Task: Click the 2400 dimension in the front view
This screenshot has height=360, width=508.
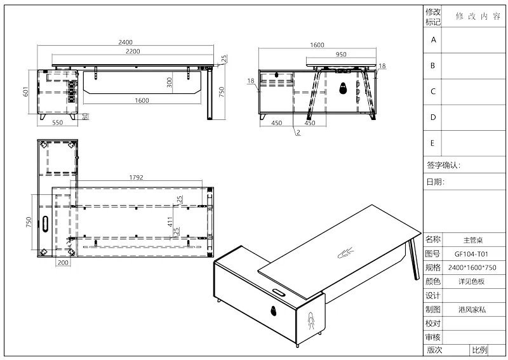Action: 125,42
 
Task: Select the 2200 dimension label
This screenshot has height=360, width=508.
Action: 133,51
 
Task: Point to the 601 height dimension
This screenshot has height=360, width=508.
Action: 26,91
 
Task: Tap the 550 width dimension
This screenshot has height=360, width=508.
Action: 57,123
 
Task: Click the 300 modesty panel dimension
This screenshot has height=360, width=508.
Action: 169,83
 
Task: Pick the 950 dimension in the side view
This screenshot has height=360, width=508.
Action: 341,55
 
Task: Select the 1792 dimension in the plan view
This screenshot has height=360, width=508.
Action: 136,177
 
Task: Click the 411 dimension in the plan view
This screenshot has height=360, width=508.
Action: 170,222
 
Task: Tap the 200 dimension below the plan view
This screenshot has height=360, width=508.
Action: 63,262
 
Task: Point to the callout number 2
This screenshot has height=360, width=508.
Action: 298,132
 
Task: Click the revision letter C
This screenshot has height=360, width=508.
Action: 433,91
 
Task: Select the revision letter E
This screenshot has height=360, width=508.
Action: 432,143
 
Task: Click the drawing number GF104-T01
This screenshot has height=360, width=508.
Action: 471,254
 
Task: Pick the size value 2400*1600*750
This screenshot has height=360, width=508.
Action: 472,268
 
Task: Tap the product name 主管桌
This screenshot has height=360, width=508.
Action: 473,240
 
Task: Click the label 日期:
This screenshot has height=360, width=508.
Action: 435,182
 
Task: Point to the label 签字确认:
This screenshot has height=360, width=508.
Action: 443,165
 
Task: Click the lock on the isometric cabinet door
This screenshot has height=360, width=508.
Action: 274,310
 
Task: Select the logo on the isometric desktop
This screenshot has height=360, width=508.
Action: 345,253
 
